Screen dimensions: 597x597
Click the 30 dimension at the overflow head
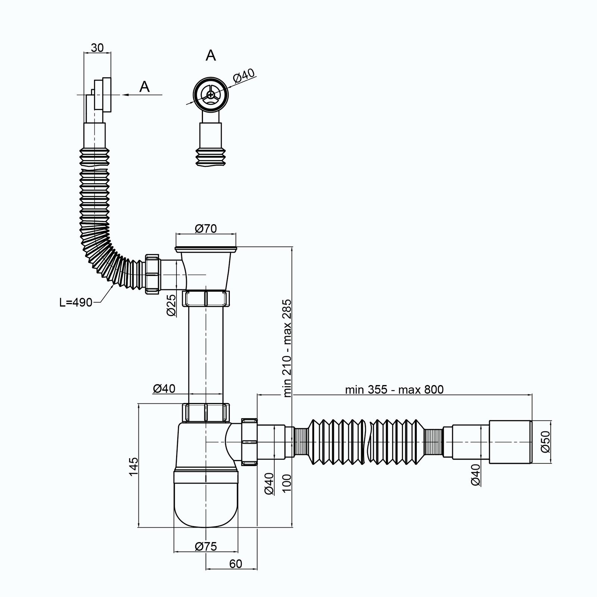click(x=97, y=48)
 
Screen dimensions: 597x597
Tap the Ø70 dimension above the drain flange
click(x=206, y=228)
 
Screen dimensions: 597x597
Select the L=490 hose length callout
click(x=76, y=303)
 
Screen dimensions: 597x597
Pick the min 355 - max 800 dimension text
click(x=394, y=390)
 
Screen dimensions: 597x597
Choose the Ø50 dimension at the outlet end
click(x=545, y=441)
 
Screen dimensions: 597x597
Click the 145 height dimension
click(x=134, y=466)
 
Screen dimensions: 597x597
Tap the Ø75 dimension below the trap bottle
click(x=206, y=546)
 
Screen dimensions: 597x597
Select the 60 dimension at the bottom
click(x=235, y=564)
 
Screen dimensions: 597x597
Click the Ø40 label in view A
click(x=244, y=76)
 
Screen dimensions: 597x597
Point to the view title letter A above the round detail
click(x=211, y=55)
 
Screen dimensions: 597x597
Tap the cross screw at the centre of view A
click(x=211, y=95)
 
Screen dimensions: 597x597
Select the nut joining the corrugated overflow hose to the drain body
click(x=153, y=274)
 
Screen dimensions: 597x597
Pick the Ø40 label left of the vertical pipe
click(x=164, y=388)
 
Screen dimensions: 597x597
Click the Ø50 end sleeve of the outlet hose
click(x=510, y=442)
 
